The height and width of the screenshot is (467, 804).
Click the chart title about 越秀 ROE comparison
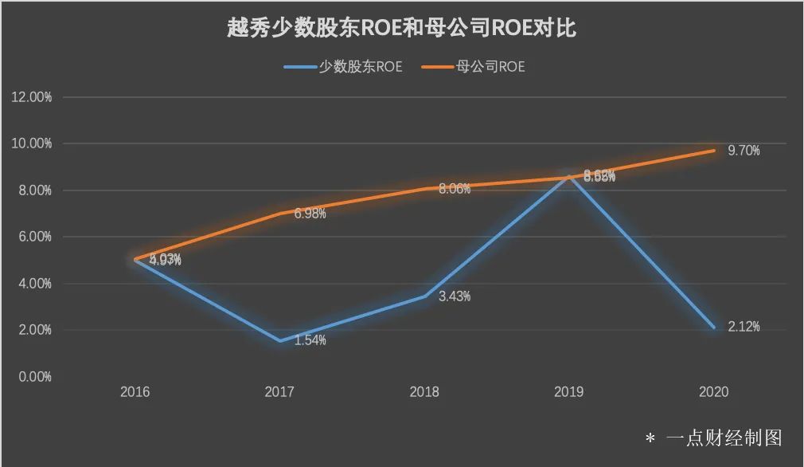click(402, 29)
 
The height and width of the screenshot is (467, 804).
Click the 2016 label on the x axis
click(135, 392)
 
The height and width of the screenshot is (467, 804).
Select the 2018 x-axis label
click(424, 392)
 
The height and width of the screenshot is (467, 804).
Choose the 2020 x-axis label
click(713, 392)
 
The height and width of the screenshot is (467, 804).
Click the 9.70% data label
click(744, 151)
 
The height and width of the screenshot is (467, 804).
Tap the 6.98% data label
click(310, 214)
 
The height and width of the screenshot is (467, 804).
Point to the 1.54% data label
click(310, 340)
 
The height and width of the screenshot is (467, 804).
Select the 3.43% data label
click(455, 296)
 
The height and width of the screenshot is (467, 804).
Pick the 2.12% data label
click(744, 327)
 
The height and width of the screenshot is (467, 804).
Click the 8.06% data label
click(455, 189)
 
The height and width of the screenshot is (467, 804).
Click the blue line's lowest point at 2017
click(279, 341)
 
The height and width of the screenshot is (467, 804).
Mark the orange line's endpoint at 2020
click(713, 151)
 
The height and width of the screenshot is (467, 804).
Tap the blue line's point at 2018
click(424, 296)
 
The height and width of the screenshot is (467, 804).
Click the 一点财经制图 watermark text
click(724, 438)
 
